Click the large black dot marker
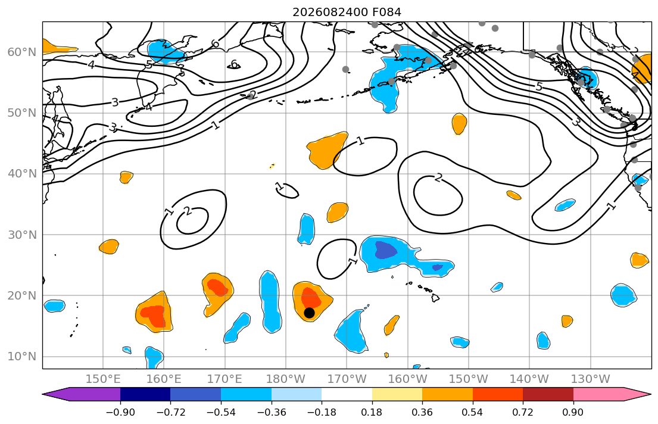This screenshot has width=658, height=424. pos(309,313)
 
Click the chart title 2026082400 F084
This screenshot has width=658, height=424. pos(347,12)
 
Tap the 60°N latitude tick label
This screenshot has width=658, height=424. pos(22,52)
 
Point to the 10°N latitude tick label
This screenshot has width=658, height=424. pos(22,357)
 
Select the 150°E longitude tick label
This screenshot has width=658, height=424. pos(103,379)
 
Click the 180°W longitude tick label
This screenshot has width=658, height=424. pos(286,379)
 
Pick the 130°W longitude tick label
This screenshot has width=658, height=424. pos(591,379)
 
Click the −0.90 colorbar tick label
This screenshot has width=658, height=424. pos(120,412)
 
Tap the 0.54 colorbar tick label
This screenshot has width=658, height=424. pos(473,412)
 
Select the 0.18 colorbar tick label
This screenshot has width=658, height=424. pos(372,412)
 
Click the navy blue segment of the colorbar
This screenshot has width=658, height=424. pos(145,394)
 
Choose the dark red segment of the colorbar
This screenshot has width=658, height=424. pos(548,394)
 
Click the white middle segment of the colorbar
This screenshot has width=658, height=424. pos(347,394)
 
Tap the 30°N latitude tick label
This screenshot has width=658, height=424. pos(22,235)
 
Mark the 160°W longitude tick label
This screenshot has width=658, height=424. pos(407,379)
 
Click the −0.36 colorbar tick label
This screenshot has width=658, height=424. pos(271,412)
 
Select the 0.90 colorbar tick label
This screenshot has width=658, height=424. pos(573,412)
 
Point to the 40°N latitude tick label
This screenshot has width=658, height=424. pos(22,174)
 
